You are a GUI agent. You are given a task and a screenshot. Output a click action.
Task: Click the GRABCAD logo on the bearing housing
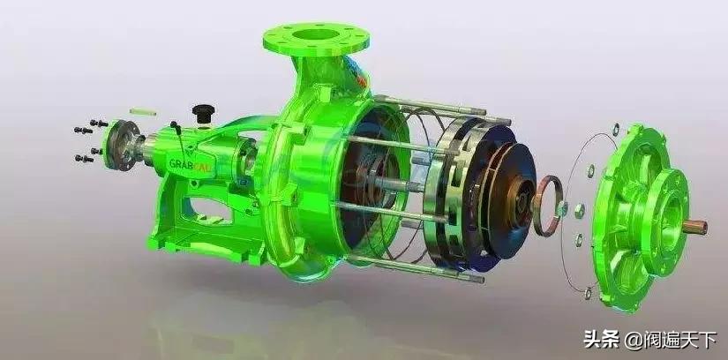(x=191, y=164)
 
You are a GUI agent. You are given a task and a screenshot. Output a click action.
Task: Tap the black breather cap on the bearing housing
(x=204, y=113)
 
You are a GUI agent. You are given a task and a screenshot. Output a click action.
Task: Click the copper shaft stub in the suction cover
(x=694, y=227)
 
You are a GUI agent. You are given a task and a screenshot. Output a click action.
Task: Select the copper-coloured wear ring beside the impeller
(x=547, y=206)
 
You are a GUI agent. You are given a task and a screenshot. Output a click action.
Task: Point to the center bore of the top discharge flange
(x=315, y=34)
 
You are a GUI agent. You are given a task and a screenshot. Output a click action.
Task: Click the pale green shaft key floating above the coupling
(x=143, y=112)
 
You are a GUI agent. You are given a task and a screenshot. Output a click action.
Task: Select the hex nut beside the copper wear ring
(x=580, y=211)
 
